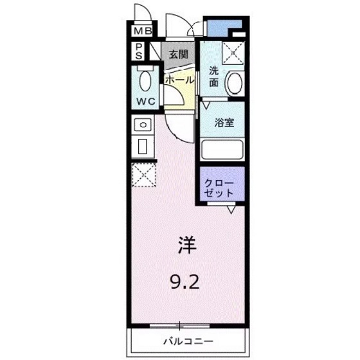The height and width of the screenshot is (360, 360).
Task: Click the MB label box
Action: coord(143,30)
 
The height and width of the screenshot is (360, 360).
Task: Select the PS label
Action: coord(139,51)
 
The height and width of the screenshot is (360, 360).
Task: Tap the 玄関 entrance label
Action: coord(178,55)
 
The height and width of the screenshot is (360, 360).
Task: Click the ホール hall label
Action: coord(179,80)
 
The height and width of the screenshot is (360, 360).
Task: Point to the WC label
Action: coord(145,102)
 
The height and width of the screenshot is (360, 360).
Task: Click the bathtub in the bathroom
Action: coord(221,149)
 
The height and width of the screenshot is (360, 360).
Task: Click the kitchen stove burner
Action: coord(143,124)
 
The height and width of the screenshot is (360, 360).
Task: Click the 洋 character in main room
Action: coord(187,246)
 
